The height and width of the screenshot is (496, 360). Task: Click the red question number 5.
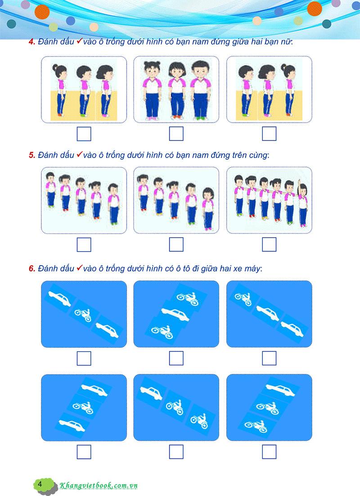31,155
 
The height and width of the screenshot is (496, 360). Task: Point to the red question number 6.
31,269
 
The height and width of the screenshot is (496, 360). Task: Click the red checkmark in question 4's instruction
79,41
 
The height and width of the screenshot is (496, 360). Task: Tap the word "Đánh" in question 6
47,269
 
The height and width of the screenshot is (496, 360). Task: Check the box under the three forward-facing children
176,134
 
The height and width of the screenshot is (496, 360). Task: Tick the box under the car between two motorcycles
176,358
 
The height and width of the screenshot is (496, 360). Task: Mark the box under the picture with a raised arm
269,244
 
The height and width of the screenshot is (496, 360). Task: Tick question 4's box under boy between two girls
84,134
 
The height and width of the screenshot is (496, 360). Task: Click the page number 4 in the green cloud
40,484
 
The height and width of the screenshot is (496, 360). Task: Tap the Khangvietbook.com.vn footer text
99,485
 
